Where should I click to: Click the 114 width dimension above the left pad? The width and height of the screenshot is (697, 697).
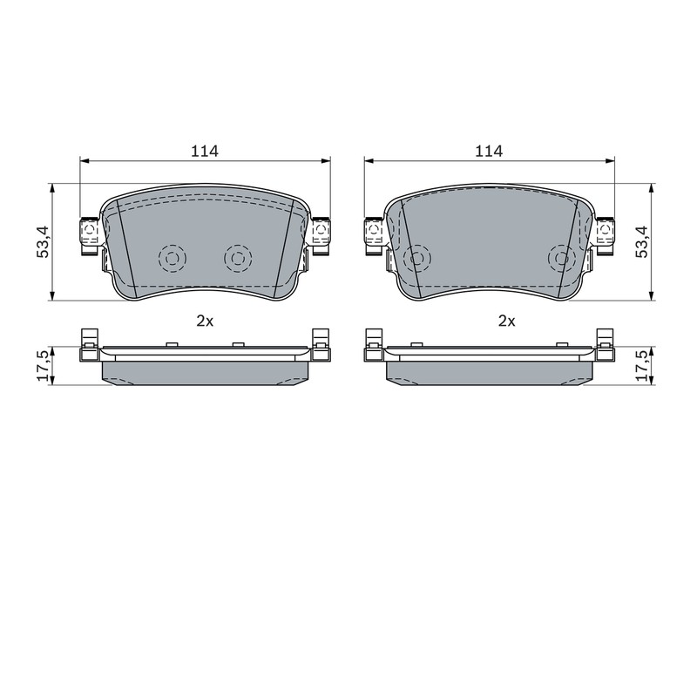pyautogui.click(x=205, y=151)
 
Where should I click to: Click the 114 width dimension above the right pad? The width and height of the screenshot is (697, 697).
pyautogui.click(x=489, y=151)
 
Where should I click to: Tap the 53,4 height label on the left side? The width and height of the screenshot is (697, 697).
pyautogui.click(x=44, y=242)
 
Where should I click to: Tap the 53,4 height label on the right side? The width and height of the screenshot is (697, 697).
pyautogui.click(x=643, y=242)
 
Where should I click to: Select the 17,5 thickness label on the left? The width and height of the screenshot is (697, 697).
pyautogui.click(x=44, y=366)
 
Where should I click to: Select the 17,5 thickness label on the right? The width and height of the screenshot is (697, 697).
pyautogui.click(x=643, y=366)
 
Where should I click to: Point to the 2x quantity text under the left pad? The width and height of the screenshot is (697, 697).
pyautogui.click(x=205, y=321)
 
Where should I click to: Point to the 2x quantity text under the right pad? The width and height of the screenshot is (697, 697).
pyautogui.click(x=507, y=321)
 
